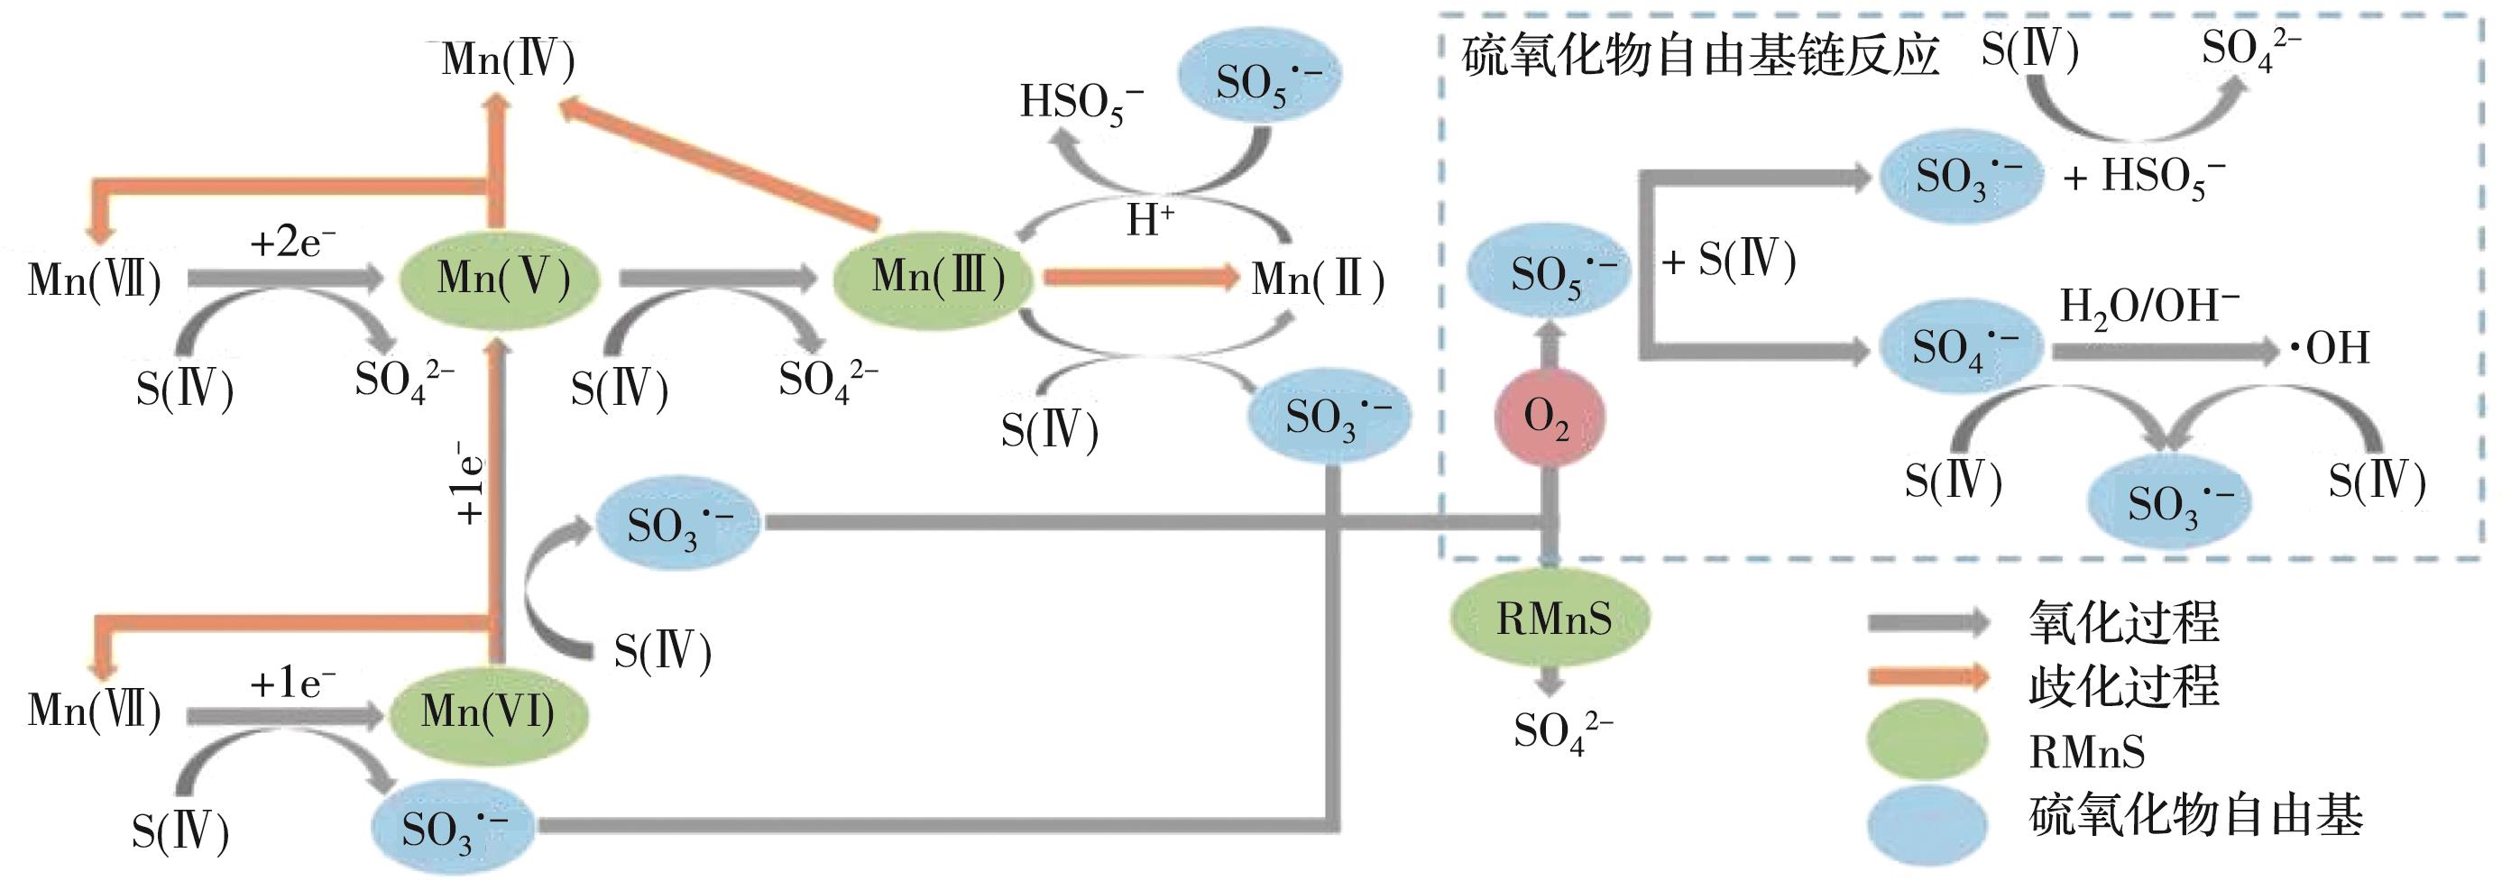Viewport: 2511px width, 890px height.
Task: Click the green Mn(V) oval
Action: tap(498, 278)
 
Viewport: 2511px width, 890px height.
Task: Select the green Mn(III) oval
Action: tap(934, 278)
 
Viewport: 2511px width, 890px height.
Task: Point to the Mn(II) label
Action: tap(1317, 280)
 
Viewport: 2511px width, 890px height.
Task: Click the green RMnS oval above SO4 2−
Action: tap(1550, 618)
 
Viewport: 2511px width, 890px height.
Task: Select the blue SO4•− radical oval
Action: tap(1960, 347)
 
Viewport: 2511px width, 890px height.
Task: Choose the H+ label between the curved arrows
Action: tap(1150, 220)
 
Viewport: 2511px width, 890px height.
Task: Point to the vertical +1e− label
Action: tap(471, 482)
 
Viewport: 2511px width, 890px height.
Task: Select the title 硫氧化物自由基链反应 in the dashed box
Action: tap(1701, 57)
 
